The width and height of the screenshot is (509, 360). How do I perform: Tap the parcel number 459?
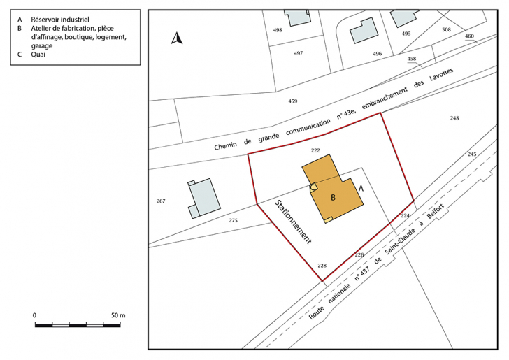[292, 101]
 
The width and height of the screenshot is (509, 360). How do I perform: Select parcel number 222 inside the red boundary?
[315, 150]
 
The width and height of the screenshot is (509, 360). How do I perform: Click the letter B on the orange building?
[334, 198]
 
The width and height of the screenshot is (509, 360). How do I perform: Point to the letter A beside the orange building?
[361, 189]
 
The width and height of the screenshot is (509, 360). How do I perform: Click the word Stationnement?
[293, 220]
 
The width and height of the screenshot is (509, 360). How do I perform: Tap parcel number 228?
[322, 266]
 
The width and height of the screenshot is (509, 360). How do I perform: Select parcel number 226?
[359, 254]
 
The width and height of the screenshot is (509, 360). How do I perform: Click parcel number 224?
[405, 216]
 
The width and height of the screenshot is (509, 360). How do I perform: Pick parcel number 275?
[233, 221]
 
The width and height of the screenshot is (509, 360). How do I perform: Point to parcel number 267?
[161, 201]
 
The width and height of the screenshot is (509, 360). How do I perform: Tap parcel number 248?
[454, 118]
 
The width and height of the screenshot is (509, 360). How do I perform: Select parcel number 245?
[472, 154]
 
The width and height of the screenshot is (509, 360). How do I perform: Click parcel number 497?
[299, 54]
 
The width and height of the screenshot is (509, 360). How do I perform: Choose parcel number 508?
[446, 30]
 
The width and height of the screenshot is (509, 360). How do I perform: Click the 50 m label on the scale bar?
[117, 316]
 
